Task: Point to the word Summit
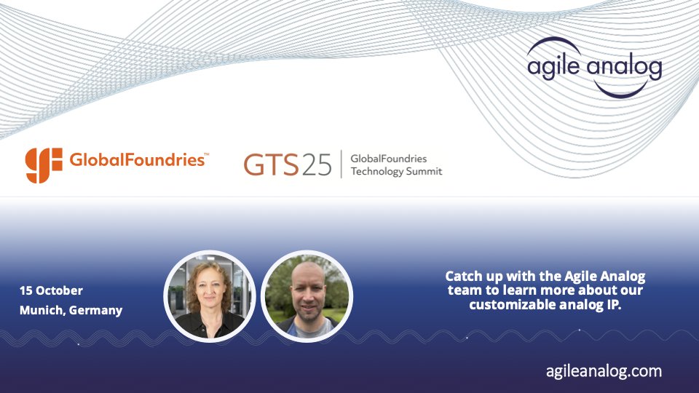[424, 172]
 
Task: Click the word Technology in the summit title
[378, 172]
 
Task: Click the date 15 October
[51, 291]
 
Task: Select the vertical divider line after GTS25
[341, 164]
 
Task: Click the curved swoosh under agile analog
[612, 89]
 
